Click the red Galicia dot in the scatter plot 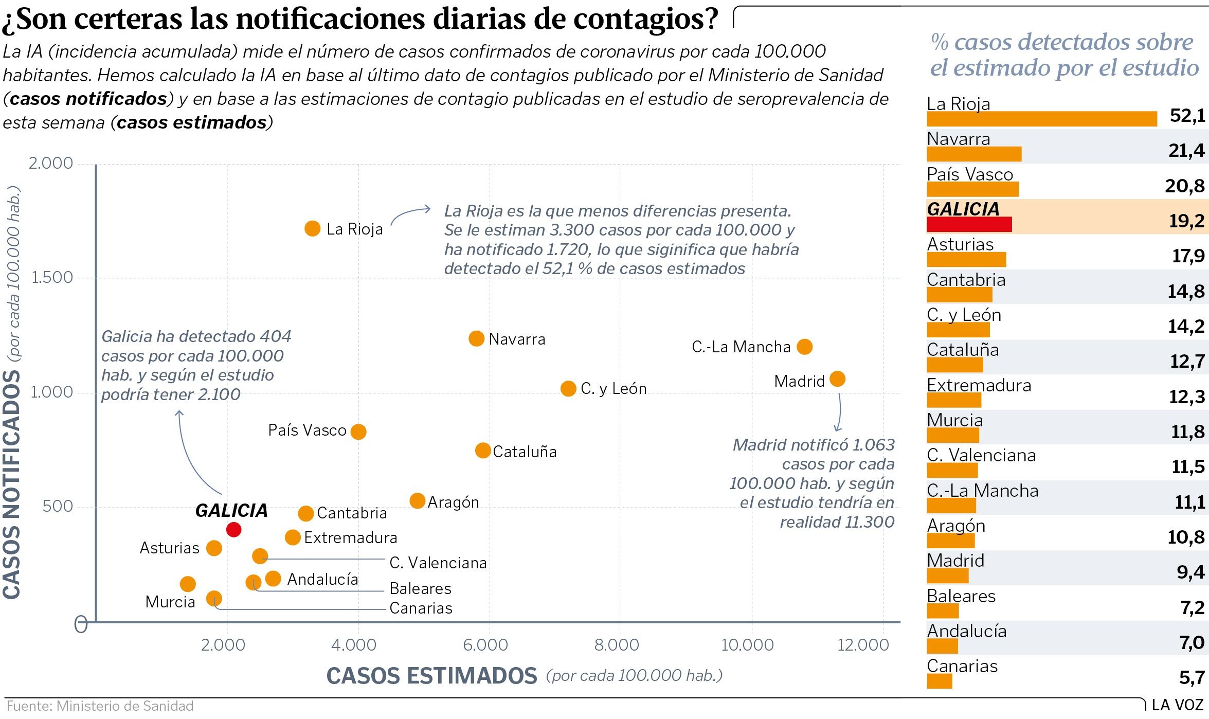pos(233,529)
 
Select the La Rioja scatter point pos(312,228)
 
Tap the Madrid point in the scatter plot pos(837,379)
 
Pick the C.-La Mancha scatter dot pos(804,347)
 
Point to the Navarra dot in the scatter pos(477,338)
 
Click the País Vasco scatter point pos(358,432)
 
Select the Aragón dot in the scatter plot pos(417,500)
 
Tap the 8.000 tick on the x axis pos(617,644)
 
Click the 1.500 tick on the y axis pos(51,278)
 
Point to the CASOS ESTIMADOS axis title pos(431,676)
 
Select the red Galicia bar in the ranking pos(969,224)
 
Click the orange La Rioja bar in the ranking pos(1041,119)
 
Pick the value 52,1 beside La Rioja pos(1187,116)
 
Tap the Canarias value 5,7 pos(1192,677)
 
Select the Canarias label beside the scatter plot pos(421,608)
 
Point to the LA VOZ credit pos(1177,705)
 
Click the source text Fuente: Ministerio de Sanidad pos(100,706)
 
